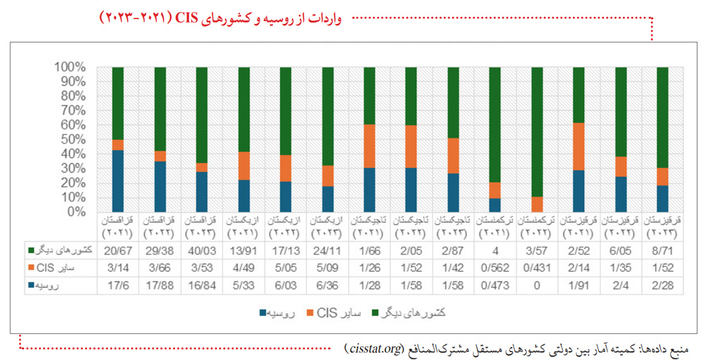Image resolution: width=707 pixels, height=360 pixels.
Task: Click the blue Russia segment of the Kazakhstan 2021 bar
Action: click(117, 180)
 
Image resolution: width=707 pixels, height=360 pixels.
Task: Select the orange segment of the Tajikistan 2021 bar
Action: click(370, 146)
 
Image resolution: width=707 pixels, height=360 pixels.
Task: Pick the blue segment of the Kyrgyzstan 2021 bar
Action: click(578, 191)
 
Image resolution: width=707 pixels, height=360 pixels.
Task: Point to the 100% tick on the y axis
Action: click(70, 68)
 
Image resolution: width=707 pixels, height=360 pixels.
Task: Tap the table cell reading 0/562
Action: click(495, 268)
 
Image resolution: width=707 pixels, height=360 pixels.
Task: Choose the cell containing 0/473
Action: click(495, 286)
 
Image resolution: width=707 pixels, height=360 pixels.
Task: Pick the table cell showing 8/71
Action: click(662, 251)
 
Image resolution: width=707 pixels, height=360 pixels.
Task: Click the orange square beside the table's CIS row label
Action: click(31, 268)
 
